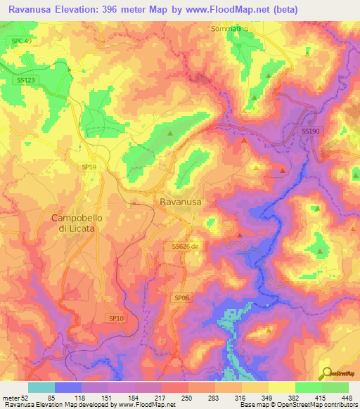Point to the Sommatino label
click(230, 29)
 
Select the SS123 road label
click(25, 81)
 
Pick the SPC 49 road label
click(22, 41)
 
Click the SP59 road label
click(89, 167)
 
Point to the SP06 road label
click(181, 298)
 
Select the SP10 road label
click(116, 318)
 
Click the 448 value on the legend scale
click(347, 398)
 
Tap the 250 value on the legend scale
click(187, 398)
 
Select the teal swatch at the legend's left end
click(41, 387)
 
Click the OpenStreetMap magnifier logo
click(327, 373)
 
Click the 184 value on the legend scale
click(134, 398)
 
